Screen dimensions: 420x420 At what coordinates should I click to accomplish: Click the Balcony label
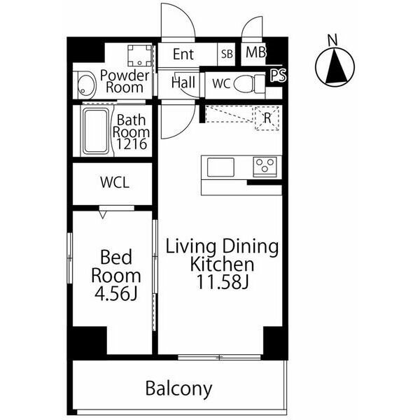[178, 388]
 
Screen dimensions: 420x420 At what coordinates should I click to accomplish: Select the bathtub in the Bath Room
[97, 132]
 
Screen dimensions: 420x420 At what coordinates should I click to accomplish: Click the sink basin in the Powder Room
[87, 85]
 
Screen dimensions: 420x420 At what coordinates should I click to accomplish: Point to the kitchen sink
[220, 167]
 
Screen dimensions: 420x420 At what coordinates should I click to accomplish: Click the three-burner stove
[265, 167]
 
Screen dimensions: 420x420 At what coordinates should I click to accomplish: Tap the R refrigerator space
[267, 118]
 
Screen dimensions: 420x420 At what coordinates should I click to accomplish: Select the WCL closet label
[115, 183]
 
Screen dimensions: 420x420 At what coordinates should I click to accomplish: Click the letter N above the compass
[332, 40]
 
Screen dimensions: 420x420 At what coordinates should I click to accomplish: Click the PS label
[278, 76]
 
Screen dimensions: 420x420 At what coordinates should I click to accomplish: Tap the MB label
[255, 52]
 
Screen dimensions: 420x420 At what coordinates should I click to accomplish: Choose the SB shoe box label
[227, 54]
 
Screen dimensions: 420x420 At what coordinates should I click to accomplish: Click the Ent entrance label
[183, 54]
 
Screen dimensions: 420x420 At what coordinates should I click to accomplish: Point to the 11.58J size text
[223, 282]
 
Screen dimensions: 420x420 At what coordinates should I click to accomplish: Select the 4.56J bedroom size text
[116, 294]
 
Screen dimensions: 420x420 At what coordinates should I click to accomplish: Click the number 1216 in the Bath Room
[132, 144]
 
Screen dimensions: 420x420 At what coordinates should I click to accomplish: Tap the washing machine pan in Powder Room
[139, 55]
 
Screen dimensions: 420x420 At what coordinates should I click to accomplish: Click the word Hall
[183, 83]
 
